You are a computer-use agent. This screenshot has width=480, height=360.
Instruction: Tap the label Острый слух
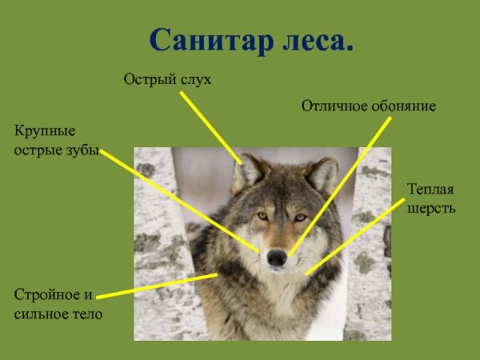167,79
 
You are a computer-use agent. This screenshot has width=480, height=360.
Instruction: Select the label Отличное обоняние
368,106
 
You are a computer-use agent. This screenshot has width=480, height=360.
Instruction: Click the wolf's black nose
277,258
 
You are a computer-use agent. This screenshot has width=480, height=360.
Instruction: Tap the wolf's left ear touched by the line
250,169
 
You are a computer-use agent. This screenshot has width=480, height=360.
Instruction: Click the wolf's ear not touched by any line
322,173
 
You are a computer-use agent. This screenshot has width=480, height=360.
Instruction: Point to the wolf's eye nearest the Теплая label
300,217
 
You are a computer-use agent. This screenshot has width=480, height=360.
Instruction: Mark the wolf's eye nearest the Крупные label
262,215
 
